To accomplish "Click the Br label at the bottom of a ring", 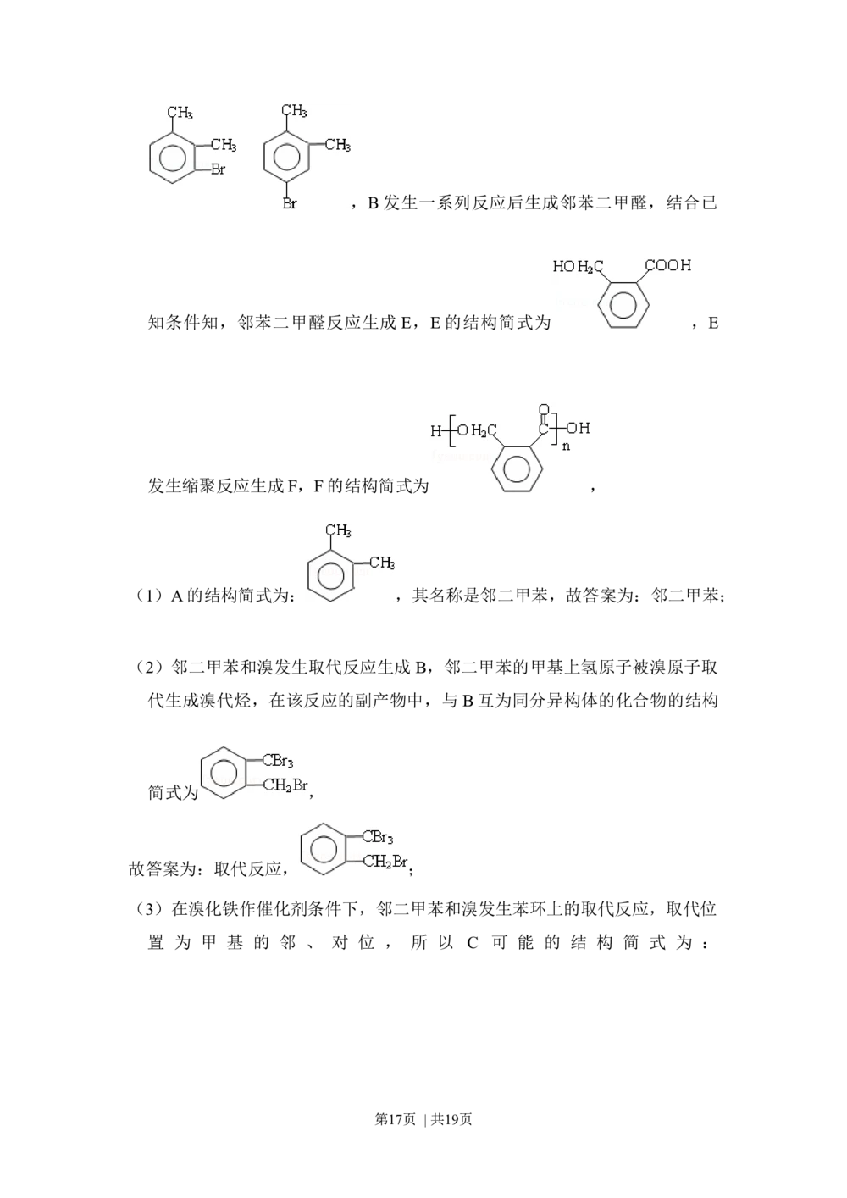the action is pos(290,204).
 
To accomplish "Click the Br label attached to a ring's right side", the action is pos(218,170).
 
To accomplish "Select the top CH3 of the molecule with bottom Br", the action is pos(294,112).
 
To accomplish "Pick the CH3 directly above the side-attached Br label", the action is pos(223,147).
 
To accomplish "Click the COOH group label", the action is pos(668,266).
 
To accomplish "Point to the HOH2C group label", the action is pos(578,268).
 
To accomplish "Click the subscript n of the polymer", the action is pos(566,446).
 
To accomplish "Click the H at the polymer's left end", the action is pos(436,431).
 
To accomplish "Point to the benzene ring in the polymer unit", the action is pos(516,469).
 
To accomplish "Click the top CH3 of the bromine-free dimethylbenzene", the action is pos(338,531).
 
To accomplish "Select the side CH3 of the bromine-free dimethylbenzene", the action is pos(381,563).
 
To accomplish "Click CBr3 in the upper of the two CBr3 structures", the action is pos(277,762).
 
